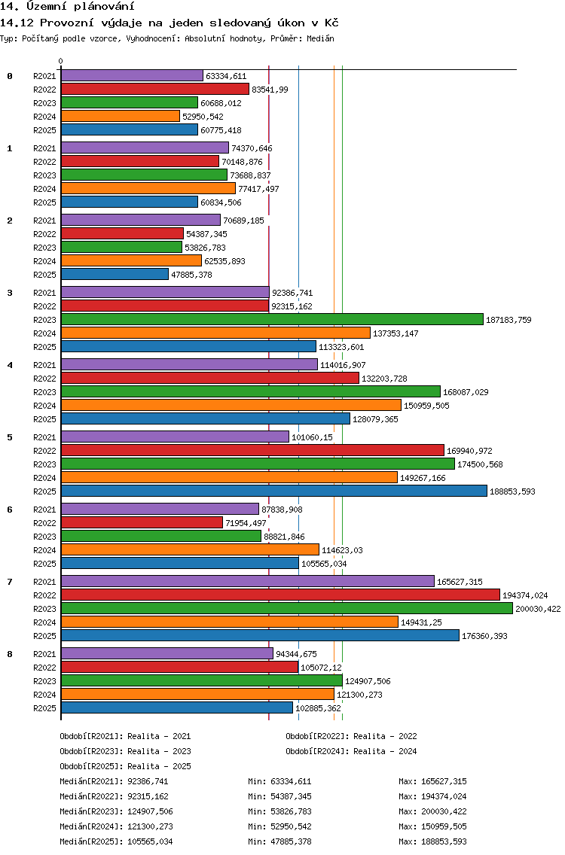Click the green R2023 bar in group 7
(287, 609)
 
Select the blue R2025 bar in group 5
(274, 491)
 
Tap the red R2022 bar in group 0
(155, 90)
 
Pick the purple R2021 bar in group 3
(166, 293)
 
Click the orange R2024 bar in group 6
(190, 550)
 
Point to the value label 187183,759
(508, 320)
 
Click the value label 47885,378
(191, 275)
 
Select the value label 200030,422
(538, 609)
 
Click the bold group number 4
(10, 365)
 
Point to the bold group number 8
(10, 654)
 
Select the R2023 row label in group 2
(44, 248)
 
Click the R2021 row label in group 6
(44, 510)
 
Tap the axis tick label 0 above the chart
(60, 61)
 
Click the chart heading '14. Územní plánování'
(67, 7)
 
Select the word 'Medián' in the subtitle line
(320, 38)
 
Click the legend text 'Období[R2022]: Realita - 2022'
(351, 737)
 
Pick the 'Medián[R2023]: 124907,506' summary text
(116, 812)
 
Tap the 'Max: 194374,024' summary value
(433, 796)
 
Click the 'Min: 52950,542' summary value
(279, 826)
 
